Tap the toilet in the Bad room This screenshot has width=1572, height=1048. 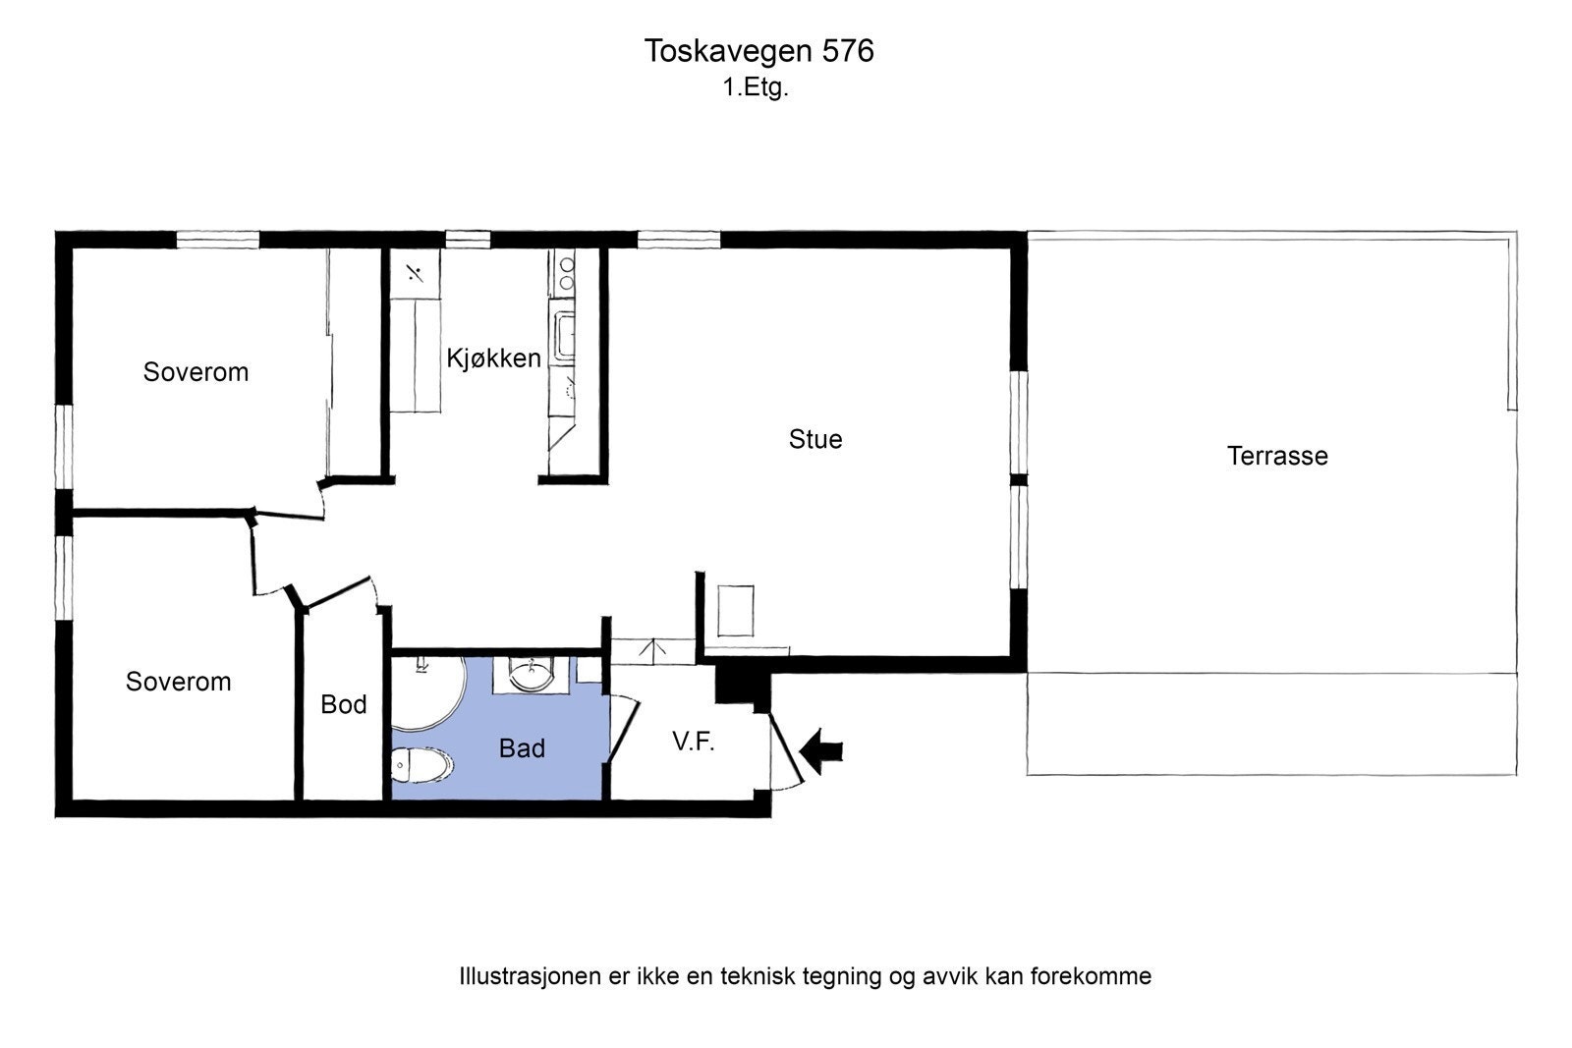pos(421,765)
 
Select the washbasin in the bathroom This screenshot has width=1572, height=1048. pos(532,675)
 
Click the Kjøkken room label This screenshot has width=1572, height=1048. pos(493,359)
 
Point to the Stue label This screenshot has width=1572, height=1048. pos(814,439)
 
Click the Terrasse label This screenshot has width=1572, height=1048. pos(1276,456)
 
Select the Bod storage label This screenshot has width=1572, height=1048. pos(344,704)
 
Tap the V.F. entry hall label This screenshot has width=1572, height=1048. pos(693,742)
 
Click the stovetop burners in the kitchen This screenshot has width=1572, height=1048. pos(565,272)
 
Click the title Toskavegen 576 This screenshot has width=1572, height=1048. pos(758,51)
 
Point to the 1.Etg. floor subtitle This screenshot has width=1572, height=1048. pos(756,87)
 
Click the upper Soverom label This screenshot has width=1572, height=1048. pos(196,372)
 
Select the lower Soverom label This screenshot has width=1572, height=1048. pos(178,682)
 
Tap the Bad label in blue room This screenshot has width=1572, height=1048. pos(521,748)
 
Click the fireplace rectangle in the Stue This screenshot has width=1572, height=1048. pos(736,611)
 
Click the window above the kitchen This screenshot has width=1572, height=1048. pos(468,239)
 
